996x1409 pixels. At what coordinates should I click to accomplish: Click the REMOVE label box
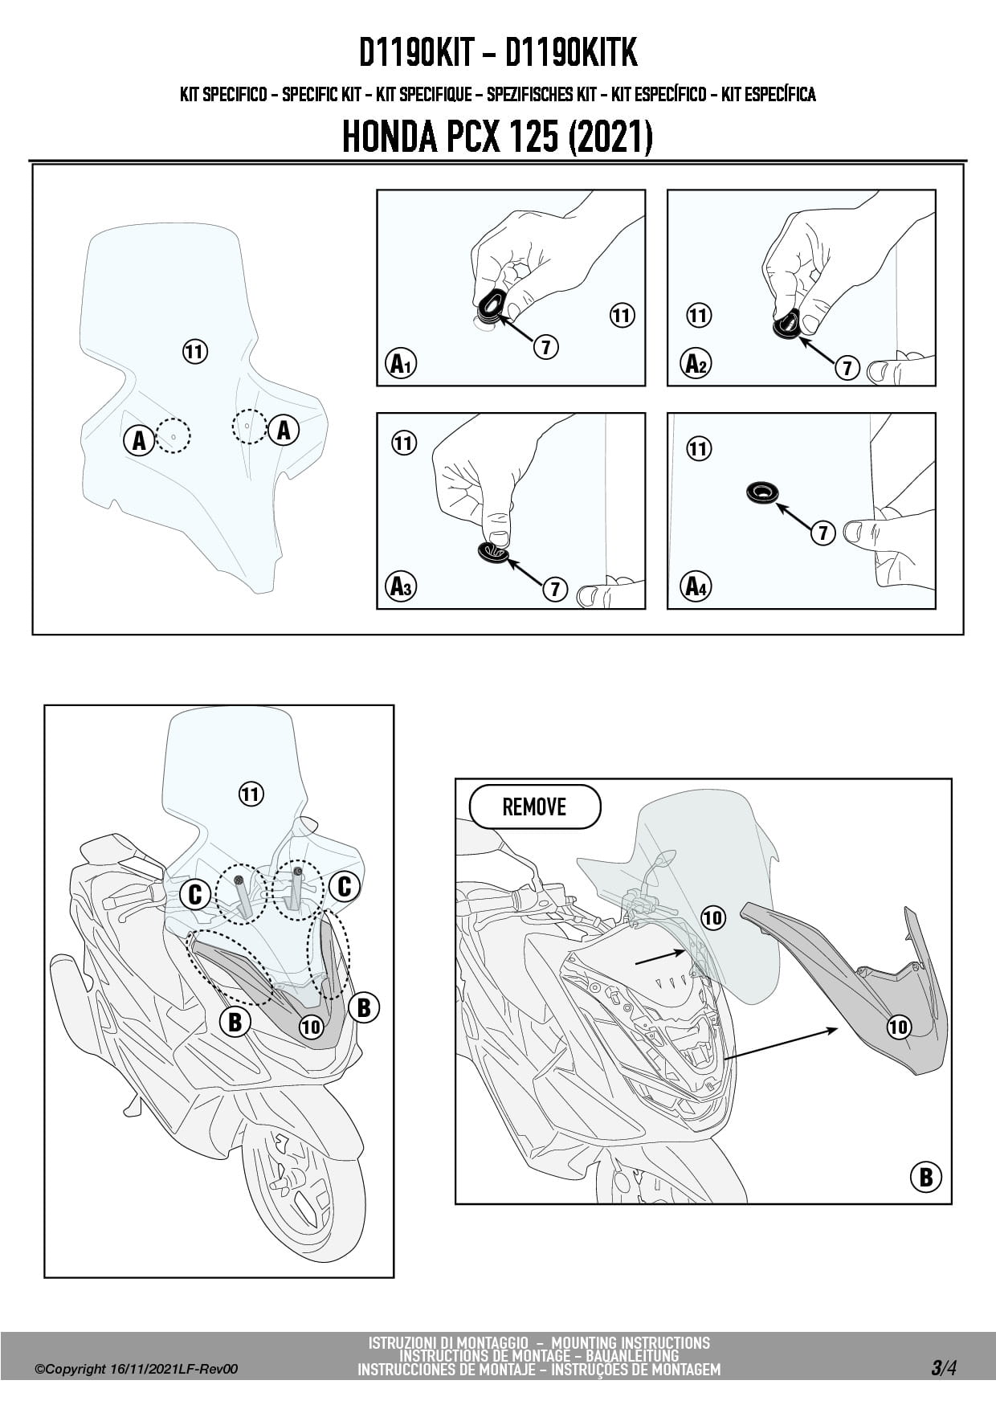(x=534, y=807)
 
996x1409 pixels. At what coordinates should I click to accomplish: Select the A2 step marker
(x=696, y=364)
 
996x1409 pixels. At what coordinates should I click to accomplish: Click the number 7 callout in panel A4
(x=823, y=532)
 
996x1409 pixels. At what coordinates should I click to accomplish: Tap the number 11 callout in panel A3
(x=404, y=443)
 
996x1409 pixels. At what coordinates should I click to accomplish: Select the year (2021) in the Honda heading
(x=610, y=137)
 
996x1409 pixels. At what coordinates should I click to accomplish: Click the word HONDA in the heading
(x=389, y=137)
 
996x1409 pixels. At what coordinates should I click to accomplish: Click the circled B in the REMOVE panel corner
(x=925, y=1177)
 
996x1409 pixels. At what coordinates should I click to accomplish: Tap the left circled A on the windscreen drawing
(x=139, y=440)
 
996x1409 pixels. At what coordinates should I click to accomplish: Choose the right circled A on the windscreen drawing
(x=284, y=431)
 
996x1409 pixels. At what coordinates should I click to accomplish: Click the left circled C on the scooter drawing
(x=195, y=893)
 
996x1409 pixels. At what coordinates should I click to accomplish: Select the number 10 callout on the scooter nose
(x=311, y=1026)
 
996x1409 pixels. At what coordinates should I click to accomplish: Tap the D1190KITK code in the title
(x=571, y=53)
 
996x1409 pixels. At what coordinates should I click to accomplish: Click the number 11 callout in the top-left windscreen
(x=195, y=351)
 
